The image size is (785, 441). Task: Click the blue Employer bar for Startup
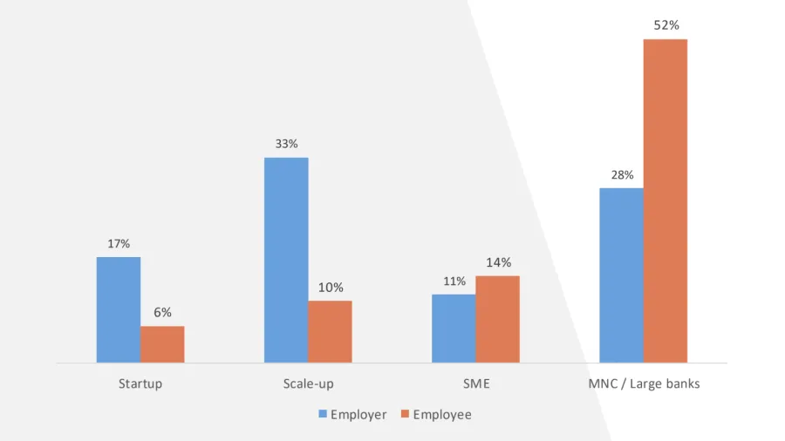point(119,309)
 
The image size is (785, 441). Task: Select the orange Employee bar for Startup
point(162,344)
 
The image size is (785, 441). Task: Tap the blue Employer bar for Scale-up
point(286,260)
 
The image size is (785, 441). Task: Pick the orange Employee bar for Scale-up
point(330,331)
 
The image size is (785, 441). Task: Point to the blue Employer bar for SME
point(454,328)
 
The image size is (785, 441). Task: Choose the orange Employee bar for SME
point(497,319)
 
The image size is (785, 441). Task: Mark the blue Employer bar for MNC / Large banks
point(621,275)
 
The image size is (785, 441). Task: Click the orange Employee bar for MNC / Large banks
point(666,200)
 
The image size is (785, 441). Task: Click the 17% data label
point(119,244)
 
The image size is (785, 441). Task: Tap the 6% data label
point(162,313)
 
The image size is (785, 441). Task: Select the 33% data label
point(286,144)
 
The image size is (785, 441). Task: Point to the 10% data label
point(331,288)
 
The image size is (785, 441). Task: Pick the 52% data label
point(666,26)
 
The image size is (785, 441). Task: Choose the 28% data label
point(622,175)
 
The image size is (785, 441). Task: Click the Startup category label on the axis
point(140,383)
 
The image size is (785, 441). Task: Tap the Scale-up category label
point(308,383)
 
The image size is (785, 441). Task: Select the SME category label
point(475,383)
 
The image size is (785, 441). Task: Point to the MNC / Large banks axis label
point(644,383)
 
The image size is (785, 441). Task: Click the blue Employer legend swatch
point(323,415)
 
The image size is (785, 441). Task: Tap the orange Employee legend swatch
point(406,415)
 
